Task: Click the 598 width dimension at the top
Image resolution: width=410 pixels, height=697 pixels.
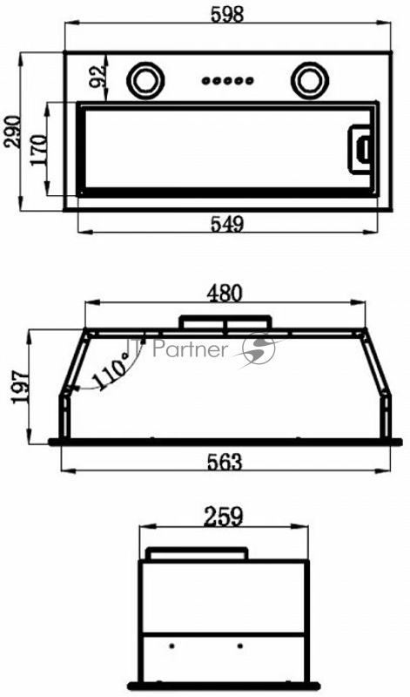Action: point(227,15)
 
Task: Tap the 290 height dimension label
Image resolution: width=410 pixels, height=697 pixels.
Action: point(12,132)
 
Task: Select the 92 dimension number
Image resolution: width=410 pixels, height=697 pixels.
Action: point(97,76)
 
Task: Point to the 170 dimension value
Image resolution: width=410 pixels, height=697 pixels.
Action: point(38,150)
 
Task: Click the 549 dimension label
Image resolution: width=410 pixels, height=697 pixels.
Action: point(227,224)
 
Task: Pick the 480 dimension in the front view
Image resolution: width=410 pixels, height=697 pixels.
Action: point(226,294)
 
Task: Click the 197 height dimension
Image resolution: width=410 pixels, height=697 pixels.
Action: point(21,386)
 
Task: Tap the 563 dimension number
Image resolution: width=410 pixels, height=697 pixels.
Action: point(225,463)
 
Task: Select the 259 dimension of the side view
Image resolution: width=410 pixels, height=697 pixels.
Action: point(224,518)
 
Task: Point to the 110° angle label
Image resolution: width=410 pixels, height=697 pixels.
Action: point(110,372)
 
